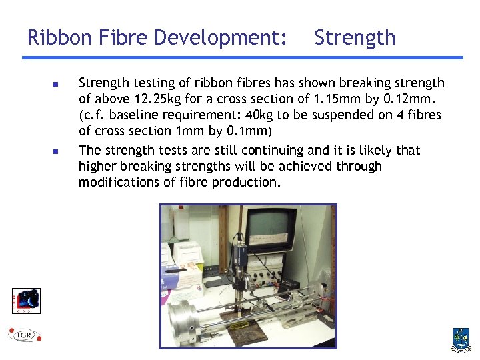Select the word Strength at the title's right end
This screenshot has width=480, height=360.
tap(355, 37)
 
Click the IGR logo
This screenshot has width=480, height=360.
tap(25, 335)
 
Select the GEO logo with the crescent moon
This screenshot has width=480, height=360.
tap(26, 301)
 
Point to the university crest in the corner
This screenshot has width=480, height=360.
tap(460, 339)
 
